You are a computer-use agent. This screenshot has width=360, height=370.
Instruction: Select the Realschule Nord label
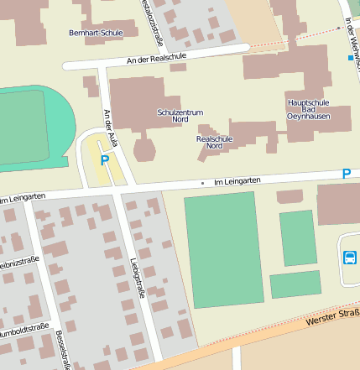coord(214,142)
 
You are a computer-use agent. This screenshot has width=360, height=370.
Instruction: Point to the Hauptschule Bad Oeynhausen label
coord(308,109)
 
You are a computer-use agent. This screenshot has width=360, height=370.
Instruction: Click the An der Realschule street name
coord(156,58)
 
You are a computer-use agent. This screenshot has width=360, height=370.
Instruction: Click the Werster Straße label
coord(332,318)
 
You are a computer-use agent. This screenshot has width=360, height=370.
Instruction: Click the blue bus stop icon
coord(348,257)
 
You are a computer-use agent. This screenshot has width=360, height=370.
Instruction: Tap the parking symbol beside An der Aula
coord(105,159)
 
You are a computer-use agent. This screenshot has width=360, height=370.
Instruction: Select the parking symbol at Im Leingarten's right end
coord(346,174)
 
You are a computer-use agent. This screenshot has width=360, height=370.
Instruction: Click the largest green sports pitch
coord(223,249)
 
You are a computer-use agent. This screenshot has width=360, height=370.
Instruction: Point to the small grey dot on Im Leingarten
coord(202,182)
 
